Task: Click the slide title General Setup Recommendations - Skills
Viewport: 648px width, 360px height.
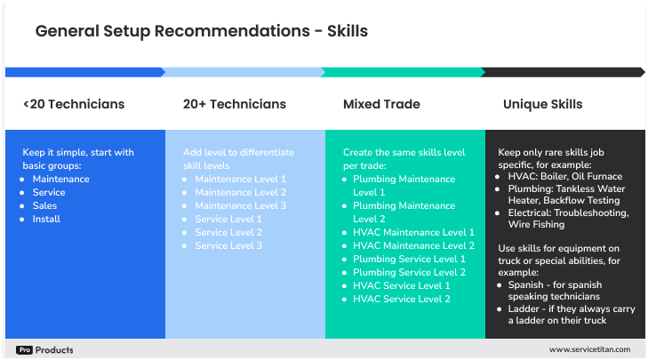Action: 201,31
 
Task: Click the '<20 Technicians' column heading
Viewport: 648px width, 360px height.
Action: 74,104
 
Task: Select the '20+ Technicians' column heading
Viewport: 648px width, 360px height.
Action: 235,104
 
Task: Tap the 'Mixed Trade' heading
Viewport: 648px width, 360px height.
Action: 381,104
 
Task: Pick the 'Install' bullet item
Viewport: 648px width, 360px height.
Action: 46,219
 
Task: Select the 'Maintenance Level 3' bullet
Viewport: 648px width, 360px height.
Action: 240,205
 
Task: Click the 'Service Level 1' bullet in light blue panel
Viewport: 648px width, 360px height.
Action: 228,219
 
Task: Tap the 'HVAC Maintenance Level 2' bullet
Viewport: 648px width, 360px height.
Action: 413,245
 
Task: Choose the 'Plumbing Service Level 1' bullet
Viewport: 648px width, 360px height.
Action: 408,259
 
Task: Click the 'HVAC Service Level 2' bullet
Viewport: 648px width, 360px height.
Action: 401,299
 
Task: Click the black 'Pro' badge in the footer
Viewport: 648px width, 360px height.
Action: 24,350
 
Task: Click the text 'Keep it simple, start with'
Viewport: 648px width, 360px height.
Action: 78,153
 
